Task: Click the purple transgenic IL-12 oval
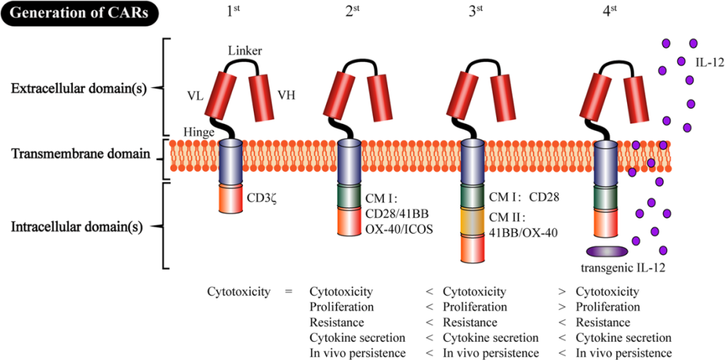[x=607, y=251]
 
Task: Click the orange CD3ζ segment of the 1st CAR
[x=231, y=199]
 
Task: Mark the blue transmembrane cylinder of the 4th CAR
[x=606, y=162]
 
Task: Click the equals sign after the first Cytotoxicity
[x=289, y=292]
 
